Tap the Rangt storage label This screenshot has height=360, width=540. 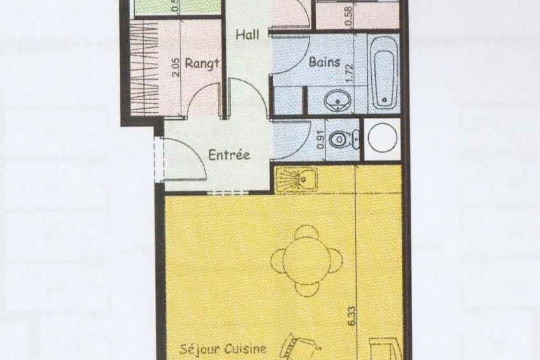[x=202, y=63]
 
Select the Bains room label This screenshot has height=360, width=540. [x=324, y=62]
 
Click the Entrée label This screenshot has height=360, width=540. [x=229, y=154]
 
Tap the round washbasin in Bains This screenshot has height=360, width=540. [x=334, y=101]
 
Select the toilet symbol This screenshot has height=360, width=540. [x=347, y=138]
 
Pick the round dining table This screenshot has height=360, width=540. [x=307, y=261]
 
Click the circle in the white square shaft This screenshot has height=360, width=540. [x=383, y=140]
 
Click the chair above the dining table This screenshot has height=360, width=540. [x=307, y=232]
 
